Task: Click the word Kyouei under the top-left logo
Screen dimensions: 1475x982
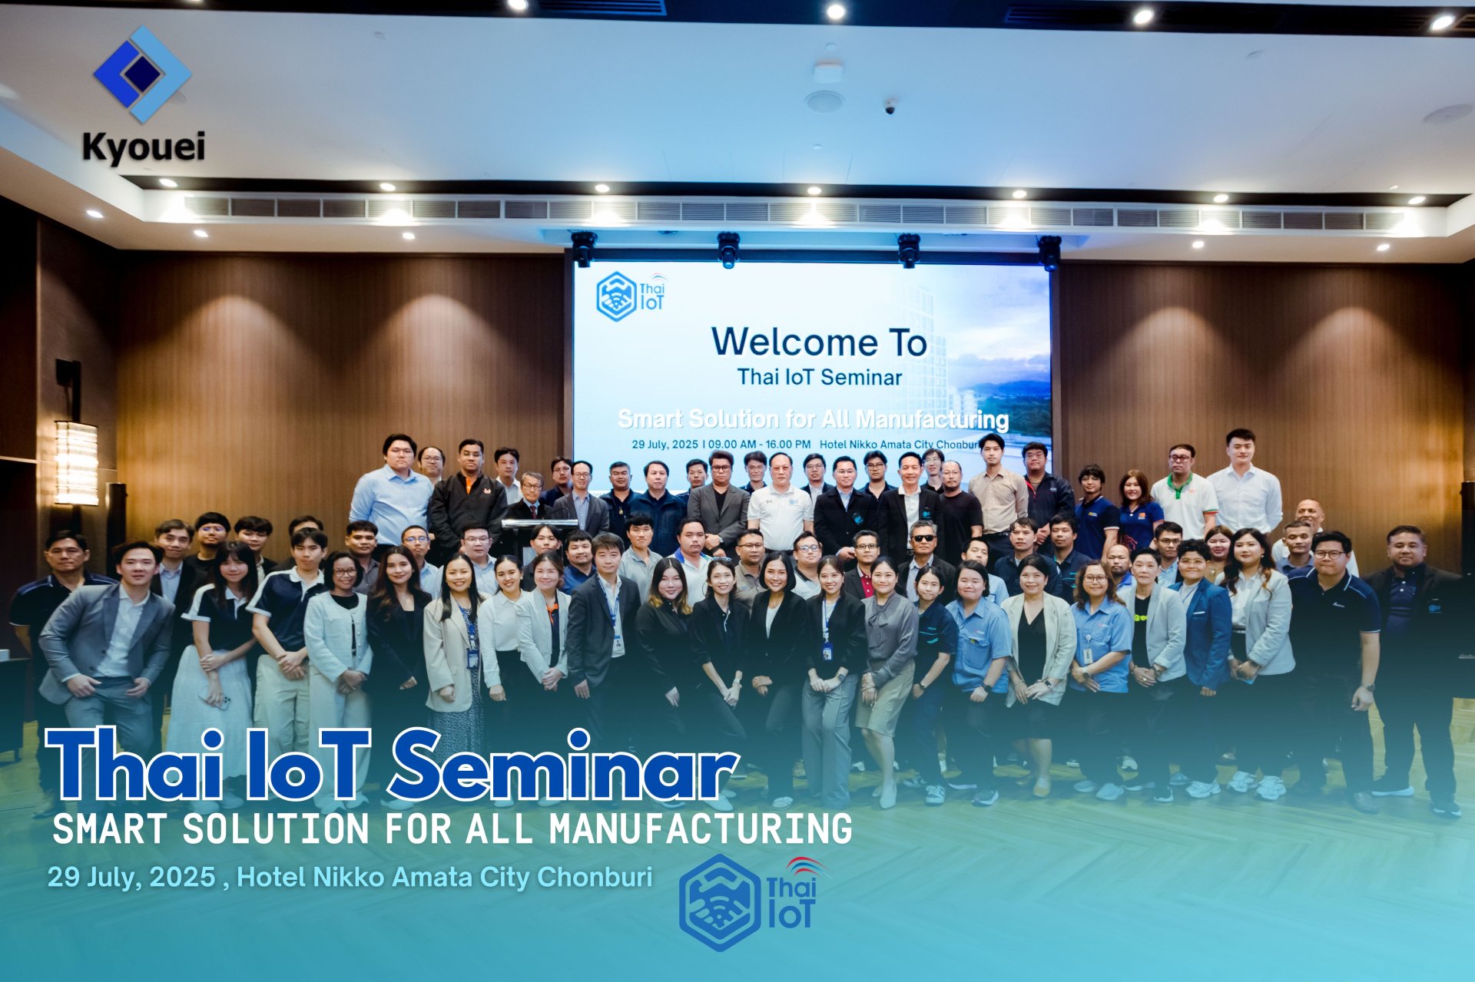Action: pyautogui.click(x=144, y=147)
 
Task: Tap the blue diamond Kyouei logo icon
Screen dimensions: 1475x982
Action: pyautogui.click(x=142, y=74)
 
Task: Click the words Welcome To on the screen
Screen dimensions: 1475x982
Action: pyautogui.click(x=819, y=342)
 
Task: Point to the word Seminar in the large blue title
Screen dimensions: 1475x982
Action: pyautogui.click(x=565, y=765)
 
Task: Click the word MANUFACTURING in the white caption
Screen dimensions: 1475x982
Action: pyautogui.click(x=701, y=829)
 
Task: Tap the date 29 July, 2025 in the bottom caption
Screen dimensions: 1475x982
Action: pyautogui.click(x=131, y=877)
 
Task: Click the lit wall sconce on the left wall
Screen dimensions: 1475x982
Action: pyautogui.click(x=76, y=462)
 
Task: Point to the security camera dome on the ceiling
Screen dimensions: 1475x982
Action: pyautogui.click(x=890, y=107)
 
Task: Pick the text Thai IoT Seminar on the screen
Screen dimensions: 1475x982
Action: pyautogui.click(x=819, y=377)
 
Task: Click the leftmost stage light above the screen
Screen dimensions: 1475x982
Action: pyautogui.click(x=583, y=247)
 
